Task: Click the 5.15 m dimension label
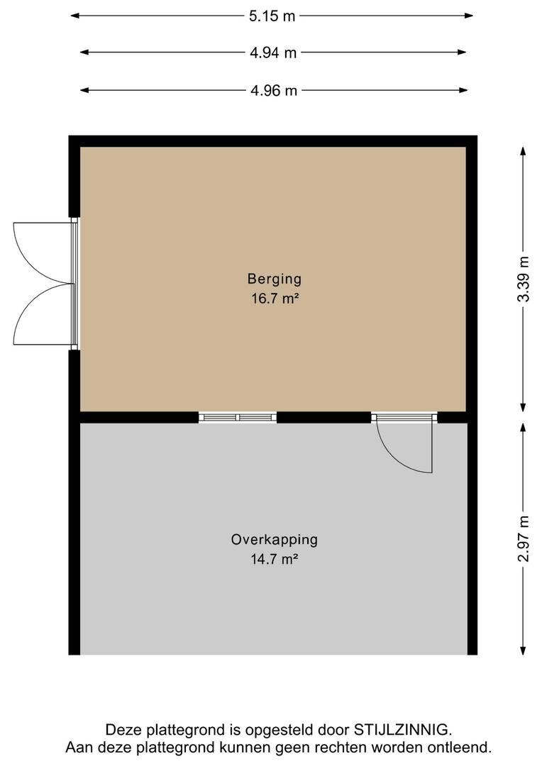tap(272, 16)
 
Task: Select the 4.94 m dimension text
tap(273, 52)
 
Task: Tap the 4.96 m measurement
tap(274, 91)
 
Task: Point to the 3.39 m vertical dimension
tap(524, 279)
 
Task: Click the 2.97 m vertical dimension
tap(524, 539)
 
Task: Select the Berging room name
tap(274, 279)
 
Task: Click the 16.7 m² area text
tap(275, 298)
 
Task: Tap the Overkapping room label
tap(274, 540)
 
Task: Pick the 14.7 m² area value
tap(274, 559)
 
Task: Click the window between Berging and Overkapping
tap(238, 417)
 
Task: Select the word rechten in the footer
tap(342, 748)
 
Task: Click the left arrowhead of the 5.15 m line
tap(74, 16)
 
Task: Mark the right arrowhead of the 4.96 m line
tap(464, 90)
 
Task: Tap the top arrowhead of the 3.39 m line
tap(523, 151)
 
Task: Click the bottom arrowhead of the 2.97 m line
tap(523, 650)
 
